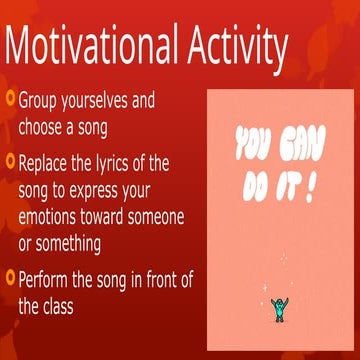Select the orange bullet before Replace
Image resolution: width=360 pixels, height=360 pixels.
click(x=9, y=160)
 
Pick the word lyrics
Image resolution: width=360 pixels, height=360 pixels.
click(x=122, y=161)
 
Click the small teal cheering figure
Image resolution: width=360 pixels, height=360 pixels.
click(x=278, y=309)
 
